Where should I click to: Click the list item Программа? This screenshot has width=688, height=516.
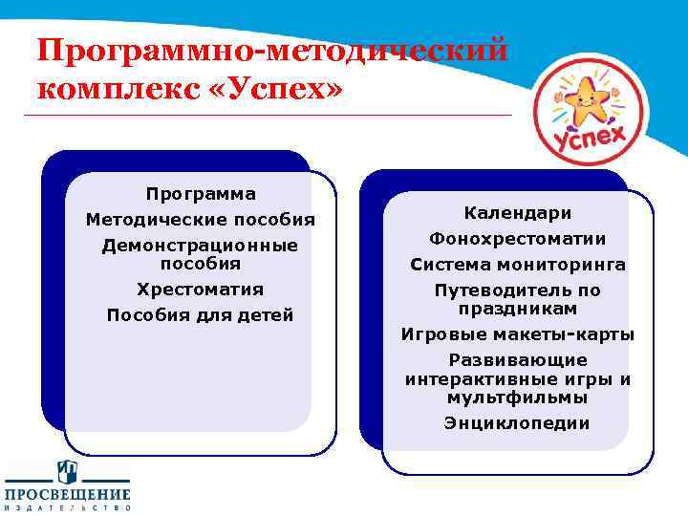coord(201,194)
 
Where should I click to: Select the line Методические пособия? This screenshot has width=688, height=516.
coord(201,220)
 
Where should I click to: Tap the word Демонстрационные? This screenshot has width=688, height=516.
coord(201,246)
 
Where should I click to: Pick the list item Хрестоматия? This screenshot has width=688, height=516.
coord(201,289)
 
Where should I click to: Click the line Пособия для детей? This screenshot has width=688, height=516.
coord(201,315)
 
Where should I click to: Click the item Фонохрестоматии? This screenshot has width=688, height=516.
coord(518,238)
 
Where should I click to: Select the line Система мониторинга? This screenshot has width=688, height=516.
coord(518,264)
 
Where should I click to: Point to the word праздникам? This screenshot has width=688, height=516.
coord(518,309)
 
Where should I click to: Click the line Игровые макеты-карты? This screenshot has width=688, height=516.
coord(518,334)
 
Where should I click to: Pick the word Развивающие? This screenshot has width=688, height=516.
coord(518,360)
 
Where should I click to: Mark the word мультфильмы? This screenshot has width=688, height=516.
coord(518,397)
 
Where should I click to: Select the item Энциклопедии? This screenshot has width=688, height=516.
coord(518,422)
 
